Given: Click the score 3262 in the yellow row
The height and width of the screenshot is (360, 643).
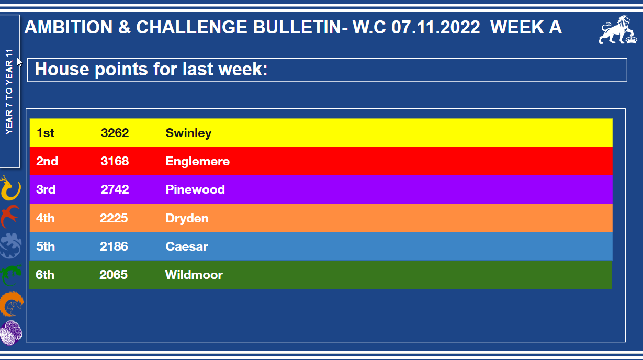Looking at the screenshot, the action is (115, 133).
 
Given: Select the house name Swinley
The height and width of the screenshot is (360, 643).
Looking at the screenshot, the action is (188, 133).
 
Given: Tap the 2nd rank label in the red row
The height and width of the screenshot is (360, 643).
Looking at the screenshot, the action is (47, 161).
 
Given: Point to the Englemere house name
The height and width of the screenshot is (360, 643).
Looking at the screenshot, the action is (197, 161).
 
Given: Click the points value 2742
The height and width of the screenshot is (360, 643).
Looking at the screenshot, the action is (115, 189).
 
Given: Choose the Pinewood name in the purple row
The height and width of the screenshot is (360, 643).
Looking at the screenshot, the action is (195, 189).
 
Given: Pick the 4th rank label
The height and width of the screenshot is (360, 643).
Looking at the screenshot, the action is (46, 218).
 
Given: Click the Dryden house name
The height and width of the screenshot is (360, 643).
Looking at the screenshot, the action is (187, 219).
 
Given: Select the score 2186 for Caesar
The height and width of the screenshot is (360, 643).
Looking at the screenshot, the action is (114, 246).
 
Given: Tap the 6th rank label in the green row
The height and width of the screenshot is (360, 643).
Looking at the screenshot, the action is (45, 275).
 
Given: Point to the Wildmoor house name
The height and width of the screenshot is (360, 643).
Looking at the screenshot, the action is (194, 275).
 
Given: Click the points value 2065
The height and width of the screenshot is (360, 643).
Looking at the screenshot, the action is (114, 275).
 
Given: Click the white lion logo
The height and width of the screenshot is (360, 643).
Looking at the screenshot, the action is (618, 30).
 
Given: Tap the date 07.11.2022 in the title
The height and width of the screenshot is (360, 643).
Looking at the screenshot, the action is (436, 28).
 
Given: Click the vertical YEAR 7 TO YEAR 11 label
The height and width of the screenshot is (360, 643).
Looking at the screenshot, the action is (9, 92).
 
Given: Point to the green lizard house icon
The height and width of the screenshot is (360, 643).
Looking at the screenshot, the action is (11, 275).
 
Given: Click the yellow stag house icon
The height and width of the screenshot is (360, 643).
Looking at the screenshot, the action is (10, 188).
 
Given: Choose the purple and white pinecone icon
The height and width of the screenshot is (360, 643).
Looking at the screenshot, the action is (11, 333).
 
